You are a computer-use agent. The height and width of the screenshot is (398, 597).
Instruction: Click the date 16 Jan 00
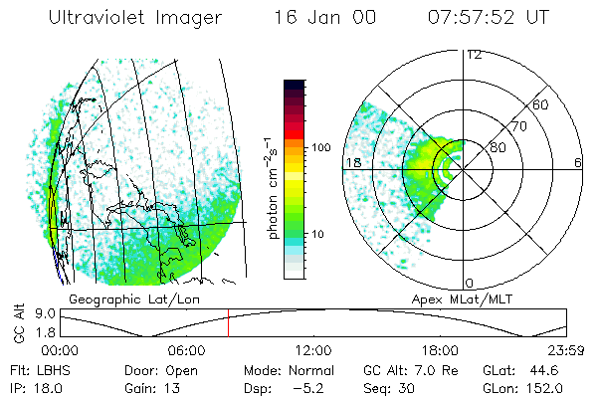click(319, 18)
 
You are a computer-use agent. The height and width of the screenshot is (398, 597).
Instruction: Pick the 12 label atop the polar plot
click(475, 55)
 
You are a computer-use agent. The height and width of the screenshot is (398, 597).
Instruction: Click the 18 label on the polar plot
click(352, 162)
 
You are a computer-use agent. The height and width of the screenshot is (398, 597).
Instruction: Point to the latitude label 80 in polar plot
click(497, 147)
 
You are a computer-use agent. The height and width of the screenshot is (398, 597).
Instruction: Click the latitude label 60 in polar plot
click(541, 104)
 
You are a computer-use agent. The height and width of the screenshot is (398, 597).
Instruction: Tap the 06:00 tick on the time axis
click(186, 350)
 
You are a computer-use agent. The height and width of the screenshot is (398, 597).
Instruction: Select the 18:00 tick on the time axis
click(440, 350)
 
